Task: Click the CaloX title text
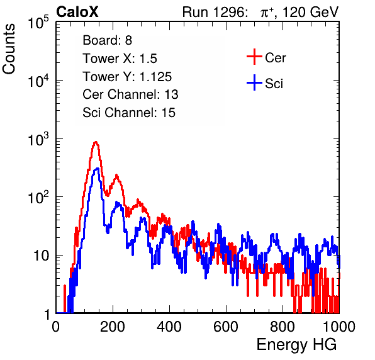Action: click(x=77, y=12)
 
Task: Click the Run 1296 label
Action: click(x=215, y=12)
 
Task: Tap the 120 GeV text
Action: click(x=310, y=12)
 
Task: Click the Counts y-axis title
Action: click(x=9, y=49)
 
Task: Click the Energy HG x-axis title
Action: click(x=296, y=344)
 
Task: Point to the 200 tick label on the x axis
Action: click(x=113, y=327)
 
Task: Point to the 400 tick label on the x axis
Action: click(x=169, y=327)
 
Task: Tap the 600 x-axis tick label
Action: click(x=226, y=327)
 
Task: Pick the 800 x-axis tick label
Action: click(x=283, y=327)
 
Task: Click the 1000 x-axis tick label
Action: click(x=339, y=327)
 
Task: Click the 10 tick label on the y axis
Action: click(x=42, y=256)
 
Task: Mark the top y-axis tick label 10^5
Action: click(x=38, y=23)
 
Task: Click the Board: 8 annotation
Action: click(x=108, y=40)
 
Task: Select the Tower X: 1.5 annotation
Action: click(x=120, y=59)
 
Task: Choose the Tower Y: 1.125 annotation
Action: click(x=127, y=77)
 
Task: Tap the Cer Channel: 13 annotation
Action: click(x=130, y=94)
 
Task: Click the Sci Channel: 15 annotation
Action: click(x=129, y=113)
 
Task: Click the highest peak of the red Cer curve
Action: click(x=96, y=142)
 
